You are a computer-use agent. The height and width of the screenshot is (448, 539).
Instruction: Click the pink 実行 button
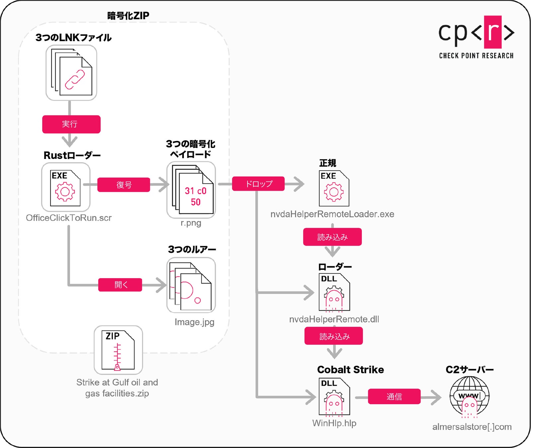point(71,124)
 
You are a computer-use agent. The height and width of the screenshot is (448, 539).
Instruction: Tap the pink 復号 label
point(123,185)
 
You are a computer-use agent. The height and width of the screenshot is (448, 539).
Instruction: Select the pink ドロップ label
point(258,184)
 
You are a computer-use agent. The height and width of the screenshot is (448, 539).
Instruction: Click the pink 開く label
point(120,285)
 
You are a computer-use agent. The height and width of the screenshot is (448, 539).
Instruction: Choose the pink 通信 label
point(394,397)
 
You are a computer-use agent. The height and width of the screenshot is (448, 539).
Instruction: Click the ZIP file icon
point(118,350)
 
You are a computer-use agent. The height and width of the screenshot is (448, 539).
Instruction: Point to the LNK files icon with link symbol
point(71,73)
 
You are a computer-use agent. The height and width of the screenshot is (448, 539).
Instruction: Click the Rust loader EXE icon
point(66,187)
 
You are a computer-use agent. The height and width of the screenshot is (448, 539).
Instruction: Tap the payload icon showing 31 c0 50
point(191,190)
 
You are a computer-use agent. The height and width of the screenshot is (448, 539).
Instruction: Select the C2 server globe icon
point(469,397)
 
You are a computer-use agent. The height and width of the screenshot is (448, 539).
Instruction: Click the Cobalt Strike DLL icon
point(334,397)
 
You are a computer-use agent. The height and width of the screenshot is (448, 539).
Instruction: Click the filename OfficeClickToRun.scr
point(69,218)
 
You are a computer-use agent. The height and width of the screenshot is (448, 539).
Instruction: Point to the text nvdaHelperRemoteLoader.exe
point(332,214)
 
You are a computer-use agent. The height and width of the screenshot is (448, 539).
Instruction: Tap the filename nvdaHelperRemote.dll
point(334,319)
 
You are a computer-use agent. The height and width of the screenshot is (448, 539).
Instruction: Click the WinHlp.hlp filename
point(334,423)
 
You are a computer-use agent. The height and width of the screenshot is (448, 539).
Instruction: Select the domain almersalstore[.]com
point(472,427)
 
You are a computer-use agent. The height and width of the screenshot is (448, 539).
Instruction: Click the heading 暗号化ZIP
point(128,16)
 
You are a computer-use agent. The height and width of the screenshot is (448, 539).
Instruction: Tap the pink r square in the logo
point(493,32)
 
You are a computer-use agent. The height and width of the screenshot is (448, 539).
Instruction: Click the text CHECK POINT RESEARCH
point(476,56)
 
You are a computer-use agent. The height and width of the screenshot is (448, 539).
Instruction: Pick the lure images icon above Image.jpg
point(191,285)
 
